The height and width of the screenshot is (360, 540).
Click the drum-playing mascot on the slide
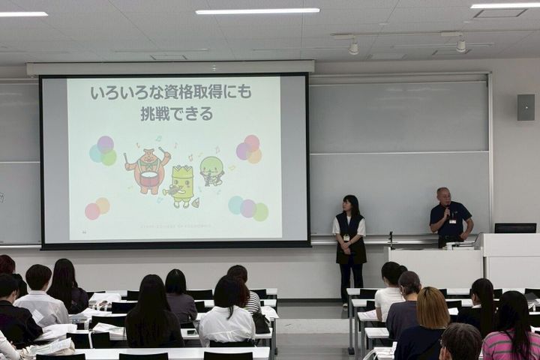[148, 170]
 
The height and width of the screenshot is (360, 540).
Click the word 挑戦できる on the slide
[176, 114]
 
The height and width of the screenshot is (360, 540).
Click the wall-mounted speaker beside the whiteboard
[525, 107]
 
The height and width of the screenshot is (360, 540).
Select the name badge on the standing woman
[346, 238]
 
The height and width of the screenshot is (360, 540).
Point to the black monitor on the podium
[514, 228]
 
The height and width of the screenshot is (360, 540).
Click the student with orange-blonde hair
[432, 307]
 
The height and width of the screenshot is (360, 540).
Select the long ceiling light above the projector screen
[257, 11]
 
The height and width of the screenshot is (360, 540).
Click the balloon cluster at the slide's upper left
[103, 150]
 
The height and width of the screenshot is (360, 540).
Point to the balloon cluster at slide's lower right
[248, 208]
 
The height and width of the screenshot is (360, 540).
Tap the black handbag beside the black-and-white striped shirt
[260, 322]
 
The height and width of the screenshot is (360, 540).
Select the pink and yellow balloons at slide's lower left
[97, 208]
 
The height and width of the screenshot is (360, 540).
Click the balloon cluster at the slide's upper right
[249, 148]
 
